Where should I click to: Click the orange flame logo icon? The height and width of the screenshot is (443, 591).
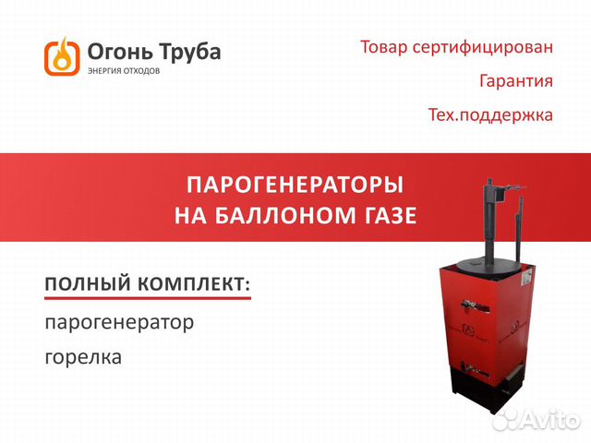(x=62, y=56)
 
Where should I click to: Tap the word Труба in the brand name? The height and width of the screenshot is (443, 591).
(x=189, y=52)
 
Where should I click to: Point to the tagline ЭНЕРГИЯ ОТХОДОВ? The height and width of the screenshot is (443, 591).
(x=124, y=71)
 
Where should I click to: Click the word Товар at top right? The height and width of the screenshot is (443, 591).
(x=384, y=47)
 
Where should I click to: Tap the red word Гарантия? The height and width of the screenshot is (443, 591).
(x=516, y=81)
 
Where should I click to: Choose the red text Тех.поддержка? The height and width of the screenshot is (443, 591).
(x=490, y=114)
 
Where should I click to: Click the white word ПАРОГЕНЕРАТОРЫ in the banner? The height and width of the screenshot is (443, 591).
(x=295, y=185)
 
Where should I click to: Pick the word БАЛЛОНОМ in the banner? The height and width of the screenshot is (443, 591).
(x=288, y=216)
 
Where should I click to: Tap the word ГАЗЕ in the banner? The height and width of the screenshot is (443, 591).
(x=392, y=216)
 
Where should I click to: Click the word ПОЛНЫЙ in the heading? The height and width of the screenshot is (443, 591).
(x=88, y=283)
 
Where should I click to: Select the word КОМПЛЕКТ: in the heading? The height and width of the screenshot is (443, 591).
(x=194, y=283)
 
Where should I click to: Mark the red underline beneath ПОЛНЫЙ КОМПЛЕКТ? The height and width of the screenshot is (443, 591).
(x=148, y=298)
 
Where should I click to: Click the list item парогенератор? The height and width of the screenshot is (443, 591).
(x=119, y=323)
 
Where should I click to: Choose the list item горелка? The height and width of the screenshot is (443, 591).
(x=83, y=357)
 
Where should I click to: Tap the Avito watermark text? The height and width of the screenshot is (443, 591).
(x=537, y=418)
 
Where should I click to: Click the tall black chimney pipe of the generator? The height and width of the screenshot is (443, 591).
(x=490, y=220)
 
